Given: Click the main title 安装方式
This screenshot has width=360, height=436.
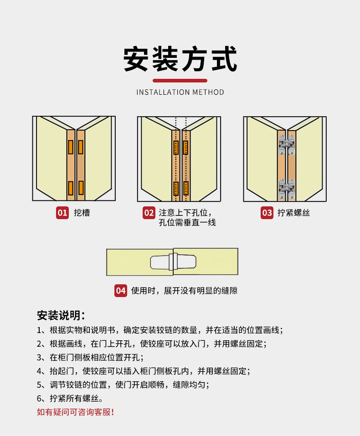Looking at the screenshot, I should tap(180, 59).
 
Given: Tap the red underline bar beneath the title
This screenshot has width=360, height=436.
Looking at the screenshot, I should tap(180, 81).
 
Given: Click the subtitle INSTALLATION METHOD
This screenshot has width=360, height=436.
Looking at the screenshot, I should tap(180, 92).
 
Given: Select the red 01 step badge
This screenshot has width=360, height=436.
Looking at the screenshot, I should tap(62, 213).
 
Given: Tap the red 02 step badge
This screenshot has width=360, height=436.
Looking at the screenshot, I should tap(149, 213).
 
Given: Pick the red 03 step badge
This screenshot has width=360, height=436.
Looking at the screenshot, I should tap(267, 213).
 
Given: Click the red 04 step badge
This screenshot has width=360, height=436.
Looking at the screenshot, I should tap(120, 291).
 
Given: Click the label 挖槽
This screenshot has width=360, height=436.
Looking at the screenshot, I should tap(82, 213).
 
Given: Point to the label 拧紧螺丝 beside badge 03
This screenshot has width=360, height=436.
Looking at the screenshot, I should tap(293, 213).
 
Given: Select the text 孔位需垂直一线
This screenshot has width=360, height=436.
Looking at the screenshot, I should tap(187, 223).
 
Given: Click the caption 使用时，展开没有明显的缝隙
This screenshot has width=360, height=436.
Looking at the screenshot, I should tap(184, 291).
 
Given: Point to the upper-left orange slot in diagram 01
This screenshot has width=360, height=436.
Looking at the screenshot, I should tap(71, 147).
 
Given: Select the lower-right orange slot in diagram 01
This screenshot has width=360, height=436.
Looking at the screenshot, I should tap(81, 188).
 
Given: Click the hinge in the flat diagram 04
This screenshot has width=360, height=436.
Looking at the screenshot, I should tap(173, 262).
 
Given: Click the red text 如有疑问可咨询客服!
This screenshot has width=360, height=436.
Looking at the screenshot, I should tap(75, 412).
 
